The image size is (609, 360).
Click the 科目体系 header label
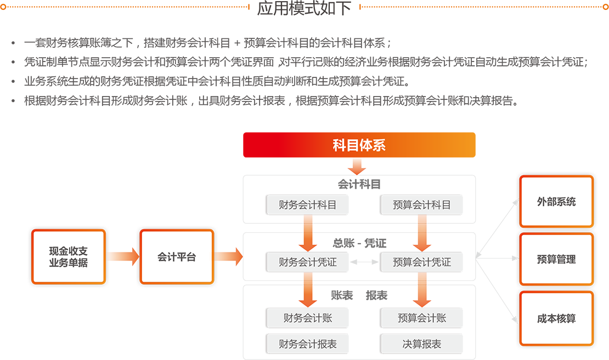(x=359, y=145)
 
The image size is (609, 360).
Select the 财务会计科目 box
(x=308, y=205)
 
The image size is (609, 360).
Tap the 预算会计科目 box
(x=422, y=205)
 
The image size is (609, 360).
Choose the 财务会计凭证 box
(x=308, y=262)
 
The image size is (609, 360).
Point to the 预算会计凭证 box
(x=422, y=262)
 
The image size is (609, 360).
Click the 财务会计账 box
(x=308, y=318)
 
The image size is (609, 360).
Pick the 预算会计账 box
(x=422, y=318)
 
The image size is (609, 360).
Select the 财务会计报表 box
(x=308, y=344)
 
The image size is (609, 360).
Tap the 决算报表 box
(x=422, y=344)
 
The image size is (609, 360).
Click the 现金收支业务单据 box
(x=69, y=256)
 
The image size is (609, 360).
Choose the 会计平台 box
(x=177, y=256)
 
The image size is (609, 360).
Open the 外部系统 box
(x=556, y=201)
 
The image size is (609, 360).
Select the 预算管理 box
(x=556, y=260)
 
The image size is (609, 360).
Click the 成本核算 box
(x=556, y=318)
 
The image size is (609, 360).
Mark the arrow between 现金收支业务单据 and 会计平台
(x=122, y=256)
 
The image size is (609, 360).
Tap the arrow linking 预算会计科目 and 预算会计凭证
(x=422, y=233)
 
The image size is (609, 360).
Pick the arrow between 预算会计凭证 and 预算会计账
(x=422, y=290)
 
